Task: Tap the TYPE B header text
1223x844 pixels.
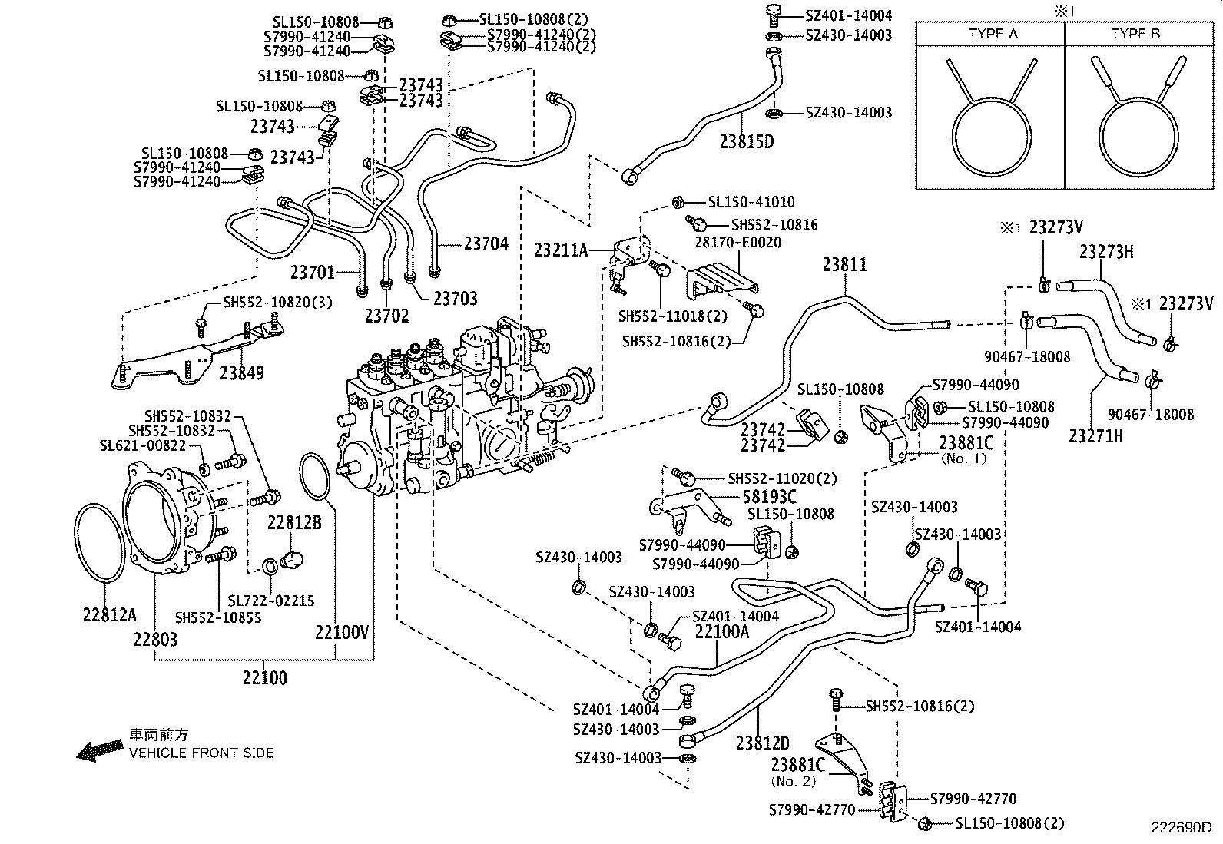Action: (x=1135, y=34)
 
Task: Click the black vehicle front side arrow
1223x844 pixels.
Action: (x=99, y=750)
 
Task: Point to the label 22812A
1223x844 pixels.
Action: (x=110, y=614)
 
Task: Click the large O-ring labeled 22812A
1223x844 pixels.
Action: (x=100, y=542)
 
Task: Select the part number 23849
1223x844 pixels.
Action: (x=241, y=373)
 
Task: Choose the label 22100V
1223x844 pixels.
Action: (x=342, y=632)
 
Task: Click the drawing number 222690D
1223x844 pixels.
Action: (x=1180, y=828)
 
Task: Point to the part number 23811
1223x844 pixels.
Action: (x=844, y=265)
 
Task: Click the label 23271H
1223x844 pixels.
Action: (x=1095, y=436)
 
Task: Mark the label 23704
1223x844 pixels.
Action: (x=486, y=244)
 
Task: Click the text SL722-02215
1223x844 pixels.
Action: (x=271, y=601)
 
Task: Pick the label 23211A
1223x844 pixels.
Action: (x=561, y=250)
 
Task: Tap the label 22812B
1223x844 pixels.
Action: (x=294, y=522)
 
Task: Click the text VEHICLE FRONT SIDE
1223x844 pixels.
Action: (x=201, y=753)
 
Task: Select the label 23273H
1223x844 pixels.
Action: (x=1106, y=252)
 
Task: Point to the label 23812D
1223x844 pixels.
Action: (x=762, y=743)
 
